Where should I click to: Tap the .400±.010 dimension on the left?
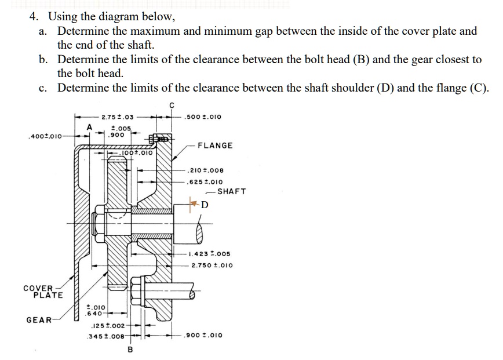(x=43, y=137)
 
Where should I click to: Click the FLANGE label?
(x=215, y=146)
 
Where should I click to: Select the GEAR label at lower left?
(x=39, y=319)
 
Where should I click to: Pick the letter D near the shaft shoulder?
(x=205, y=204)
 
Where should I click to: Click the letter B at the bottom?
(x=130, y=350)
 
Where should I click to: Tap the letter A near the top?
(x=89, y=127)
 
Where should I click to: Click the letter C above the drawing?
(x=171, y=105)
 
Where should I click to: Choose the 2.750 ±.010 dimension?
(x=212, y=265)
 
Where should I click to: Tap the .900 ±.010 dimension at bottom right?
(x=202, y=335)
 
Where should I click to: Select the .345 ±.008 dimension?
(x=105, y=336)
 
